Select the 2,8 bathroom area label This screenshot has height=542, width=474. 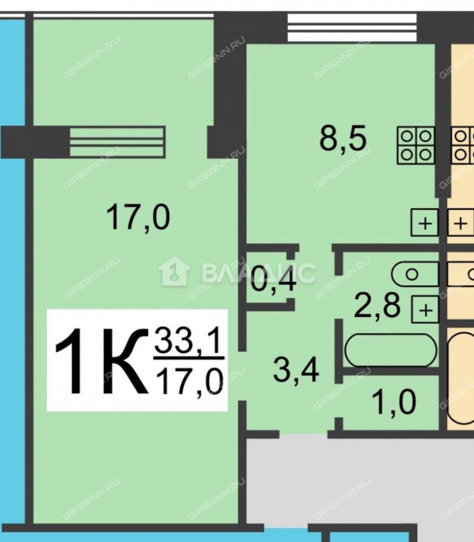click(377, 306)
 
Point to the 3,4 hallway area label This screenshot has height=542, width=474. click(296, 370)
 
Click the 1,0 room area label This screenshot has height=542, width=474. click(394, 402)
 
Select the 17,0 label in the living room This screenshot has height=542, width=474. click(138, 217)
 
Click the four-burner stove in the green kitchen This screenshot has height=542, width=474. click(415, 145)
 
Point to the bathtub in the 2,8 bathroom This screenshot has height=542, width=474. click(390, 350)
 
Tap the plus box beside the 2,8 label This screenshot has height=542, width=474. click(425, 309)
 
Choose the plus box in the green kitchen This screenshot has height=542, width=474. click(425, 223)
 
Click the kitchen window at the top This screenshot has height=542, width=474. click(352, 28)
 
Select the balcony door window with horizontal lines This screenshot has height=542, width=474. click(117, 141)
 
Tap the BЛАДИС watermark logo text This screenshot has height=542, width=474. click(258, 273)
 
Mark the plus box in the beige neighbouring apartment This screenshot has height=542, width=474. click(460, 223)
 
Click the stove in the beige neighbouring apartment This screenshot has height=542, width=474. click(462, 145)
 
